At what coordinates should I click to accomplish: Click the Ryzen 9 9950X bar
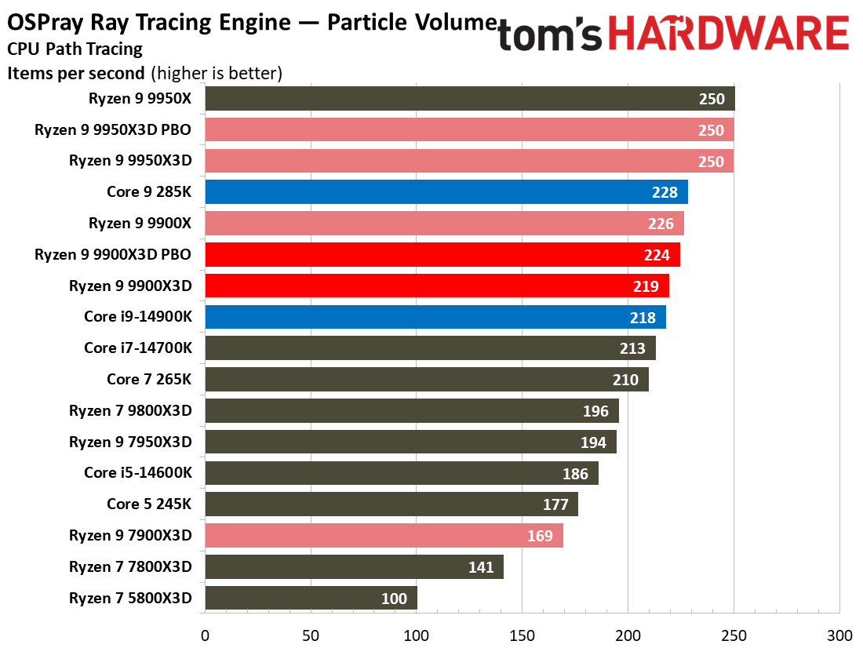470,99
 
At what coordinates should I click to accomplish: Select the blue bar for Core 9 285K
446,191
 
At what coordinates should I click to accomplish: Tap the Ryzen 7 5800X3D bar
311,598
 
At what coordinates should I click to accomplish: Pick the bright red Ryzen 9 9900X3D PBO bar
442,254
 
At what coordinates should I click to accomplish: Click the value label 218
643,318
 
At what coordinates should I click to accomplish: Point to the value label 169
540,536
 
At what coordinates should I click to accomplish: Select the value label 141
481,567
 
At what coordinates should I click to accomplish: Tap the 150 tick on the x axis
523,636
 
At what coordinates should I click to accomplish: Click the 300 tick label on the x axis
840,636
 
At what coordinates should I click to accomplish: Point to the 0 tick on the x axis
206,636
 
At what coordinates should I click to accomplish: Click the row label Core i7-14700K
138,348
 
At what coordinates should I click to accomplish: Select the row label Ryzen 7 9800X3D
130,411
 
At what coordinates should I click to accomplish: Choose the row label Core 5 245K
149,504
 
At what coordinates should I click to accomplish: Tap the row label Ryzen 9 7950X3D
130,442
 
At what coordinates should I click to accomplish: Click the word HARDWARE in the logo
728,33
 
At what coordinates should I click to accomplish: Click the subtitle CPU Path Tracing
75,49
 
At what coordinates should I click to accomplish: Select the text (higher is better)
217,73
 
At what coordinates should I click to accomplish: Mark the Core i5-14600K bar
402,473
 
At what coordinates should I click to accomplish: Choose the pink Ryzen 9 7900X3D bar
384,536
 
